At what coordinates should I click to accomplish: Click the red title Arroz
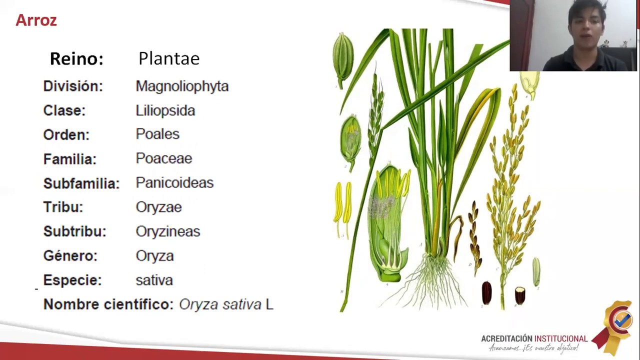click(x=36, y=20)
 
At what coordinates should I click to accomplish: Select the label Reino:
click(x=76, y=59)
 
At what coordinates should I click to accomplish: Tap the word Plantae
click(x=169, y=58)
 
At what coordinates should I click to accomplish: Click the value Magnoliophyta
click(x=182, y=86)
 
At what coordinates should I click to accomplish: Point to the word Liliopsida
click(x=165, y=110)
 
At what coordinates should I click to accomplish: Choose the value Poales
click(x=157, y=134)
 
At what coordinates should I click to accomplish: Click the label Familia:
click(x=69, y=159)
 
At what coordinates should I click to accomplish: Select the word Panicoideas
click(x=174, y=182)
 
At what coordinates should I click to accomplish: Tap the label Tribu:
click(x=63, y=207)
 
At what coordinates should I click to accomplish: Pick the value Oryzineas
click(x=167, y=231)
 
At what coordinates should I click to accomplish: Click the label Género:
click(x=70, y=255)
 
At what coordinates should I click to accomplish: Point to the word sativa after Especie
click(x=154, y=280)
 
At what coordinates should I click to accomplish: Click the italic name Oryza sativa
click(x=220, y=304)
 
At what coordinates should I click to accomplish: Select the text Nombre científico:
click(x=108, y=304)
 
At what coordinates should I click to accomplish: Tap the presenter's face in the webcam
click(x=583, y=30)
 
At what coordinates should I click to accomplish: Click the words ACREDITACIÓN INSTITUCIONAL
click(x=534, y=338)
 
